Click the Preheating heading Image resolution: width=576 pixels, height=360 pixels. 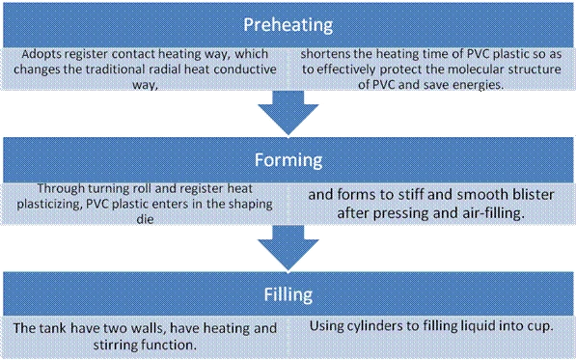[x=288, y=25]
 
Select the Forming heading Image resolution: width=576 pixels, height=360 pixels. [x=288, y=160]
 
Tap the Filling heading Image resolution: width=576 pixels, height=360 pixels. [x=288, y=294]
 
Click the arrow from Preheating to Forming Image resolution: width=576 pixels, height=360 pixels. [x=288, y=113]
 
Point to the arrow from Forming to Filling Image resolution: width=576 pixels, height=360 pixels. [x=288, y=248]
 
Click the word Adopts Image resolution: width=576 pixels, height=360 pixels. [x=38, y=55]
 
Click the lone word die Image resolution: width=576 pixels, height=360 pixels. [x=145, y=219]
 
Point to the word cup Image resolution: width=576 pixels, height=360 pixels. [x=542, y=327]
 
